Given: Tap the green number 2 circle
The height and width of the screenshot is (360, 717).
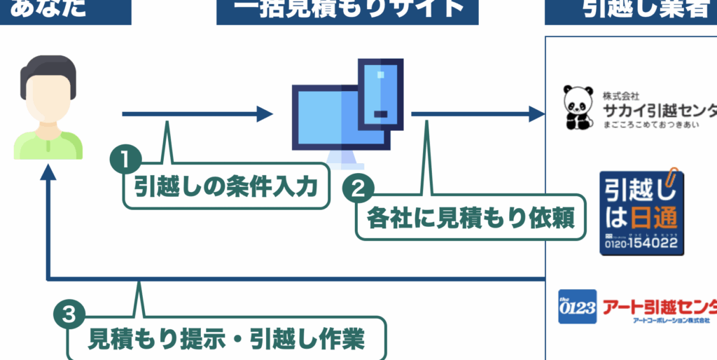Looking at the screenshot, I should point(358,188).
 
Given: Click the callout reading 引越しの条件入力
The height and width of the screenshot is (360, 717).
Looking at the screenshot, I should point(226,186).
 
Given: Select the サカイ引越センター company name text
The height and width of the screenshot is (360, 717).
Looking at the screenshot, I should point(659,110).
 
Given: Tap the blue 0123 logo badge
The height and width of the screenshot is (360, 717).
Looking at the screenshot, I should point(577,307).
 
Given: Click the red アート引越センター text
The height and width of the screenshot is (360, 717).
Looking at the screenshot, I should point(659,305).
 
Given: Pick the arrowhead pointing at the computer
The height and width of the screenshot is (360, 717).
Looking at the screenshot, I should point(265,113).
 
